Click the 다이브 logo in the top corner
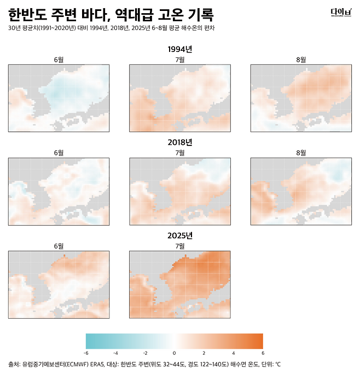click(341, 13)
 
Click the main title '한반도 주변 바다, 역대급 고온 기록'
click(111, 15)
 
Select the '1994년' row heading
click(180, 49)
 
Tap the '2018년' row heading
click(180, 142)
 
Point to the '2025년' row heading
click(180, 236)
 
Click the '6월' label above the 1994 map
click(59, 60)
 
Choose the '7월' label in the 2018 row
click(180, 153)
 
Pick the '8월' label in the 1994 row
click(301, 60)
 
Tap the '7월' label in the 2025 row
click(180, 246)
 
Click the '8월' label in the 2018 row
click(301, 153)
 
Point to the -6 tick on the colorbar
click(86, 353)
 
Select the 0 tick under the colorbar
click(174, 353)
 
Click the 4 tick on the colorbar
click(234, 353)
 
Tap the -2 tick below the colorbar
click(145, 353)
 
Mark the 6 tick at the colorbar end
click(263, 353)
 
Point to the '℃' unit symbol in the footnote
click(278, 365)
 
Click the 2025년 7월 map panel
click(180, 285)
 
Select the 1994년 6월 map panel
click(59, 98)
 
